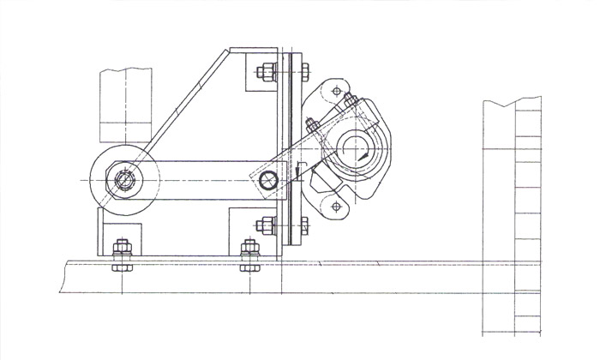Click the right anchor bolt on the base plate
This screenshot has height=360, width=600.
point(250,252)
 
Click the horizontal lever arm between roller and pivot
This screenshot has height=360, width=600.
point(206,182)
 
